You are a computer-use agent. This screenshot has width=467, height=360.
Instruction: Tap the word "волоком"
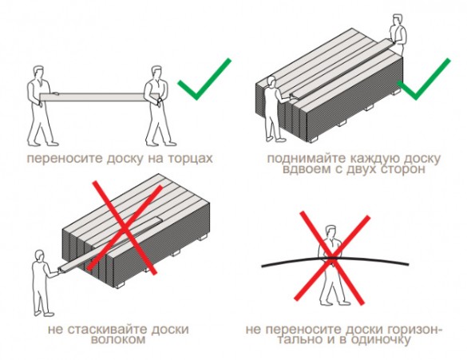click(x=118, y=339)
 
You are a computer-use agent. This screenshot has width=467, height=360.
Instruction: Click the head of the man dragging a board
click(x=39, y=255)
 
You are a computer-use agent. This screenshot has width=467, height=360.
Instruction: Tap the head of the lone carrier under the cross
click(x=330, y=231)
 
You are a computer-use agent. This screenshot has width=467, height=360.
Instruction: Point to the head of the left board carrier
click(x=38, y=72)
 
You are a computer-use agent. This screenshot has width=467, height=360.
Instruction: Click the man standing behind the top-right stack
click(x=398, y=34)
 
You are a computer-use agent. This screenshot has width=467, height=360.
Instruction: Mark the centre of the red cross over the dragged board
click(x=125, y=227)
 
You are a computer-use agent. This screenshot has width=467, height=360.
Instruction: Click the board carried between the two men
click(x=100, y=97)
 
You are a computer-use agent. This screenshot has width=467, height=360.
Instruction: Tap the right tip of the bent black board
click(x=409, y=264)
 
